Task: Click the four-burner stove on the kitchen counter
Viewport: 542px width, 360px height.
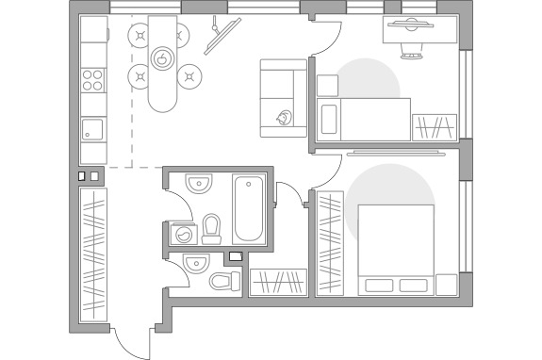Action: pos(92,79)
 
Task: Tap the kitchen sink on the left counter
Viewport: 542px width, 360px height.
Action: pos(92,127)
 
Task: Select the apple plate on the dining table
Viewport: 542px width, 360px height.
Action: pos(163,58)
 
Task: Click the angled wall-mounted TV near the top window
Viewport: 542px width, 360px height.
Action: pos(221,36)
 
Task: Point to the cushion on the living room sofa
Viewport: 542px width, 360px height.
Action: pos(283,119)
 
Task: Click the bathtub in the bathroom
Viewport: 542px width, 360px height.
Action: pos(252,207)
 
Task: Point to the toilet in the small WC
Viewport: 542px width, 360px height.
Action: pos(224,281)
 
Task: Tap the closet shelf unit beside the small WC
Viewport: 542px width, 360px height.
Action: pos(278,282)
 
